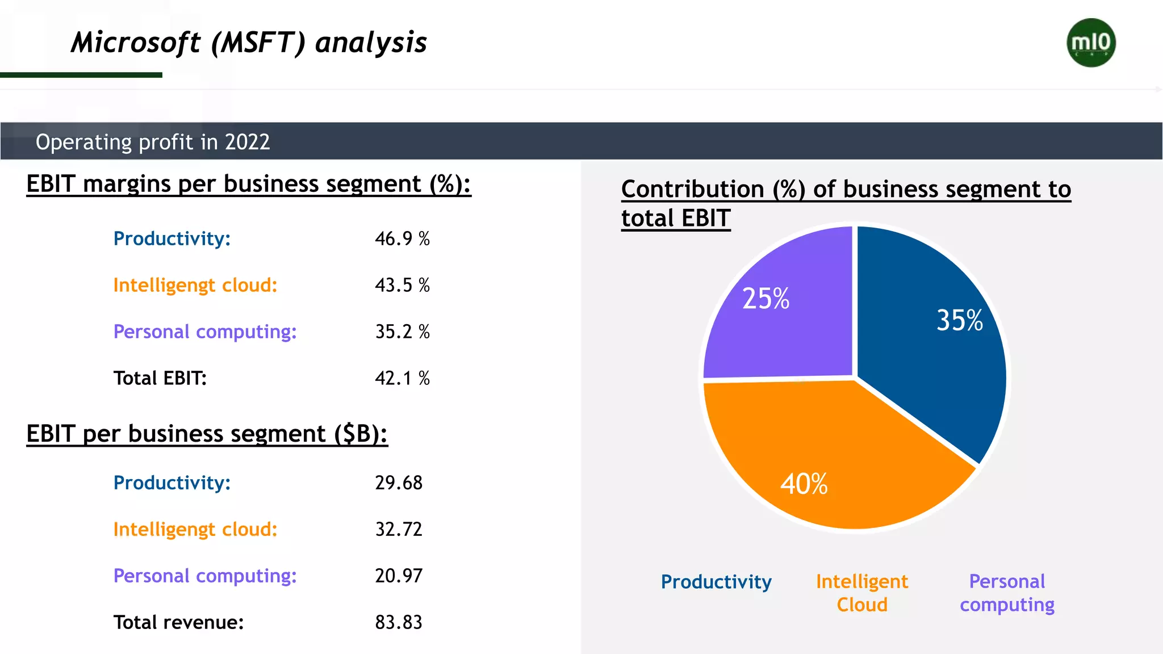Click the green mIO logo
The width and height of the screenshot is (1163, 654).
tap(1091, 43)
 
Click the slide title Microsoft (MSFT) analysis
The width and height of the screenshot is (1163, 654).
tap(249, 43)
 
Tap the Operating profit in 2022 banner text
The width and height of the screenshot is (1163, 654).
tap(153, 142)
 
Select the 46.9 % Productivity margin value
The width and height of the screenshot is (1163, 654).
tap(402, 238)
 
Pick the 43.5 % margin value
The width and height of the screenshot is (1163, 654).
tap(402, 285)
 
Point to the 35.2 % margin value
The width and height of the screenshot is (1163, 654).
tap(402, 332)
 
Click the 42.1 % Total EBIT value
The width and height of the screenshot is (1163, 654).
tap(402, 378)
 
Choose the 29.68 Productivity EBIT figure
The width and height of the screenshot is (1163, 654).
tap(399, 483)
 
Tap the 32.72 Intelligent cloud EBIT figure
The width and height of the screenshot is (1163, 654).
tap(399, 529)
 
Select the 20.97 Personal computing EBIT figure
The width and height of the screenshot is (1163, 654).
tap(399, 576)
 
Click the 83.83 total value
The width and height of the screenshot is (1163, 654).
tap(399, 622)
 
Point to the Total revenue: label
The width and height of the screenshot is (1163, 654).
tap(178, 622)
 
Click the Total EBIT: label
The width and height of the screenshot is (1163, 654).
tap(160, 378)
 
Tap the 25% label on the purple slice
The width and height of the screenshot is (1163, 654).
tap(765, 299)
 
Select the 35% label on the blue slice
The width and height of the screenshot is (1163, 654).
tap(959, 320)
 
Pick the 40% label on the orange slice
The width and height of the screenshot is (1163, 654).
tap(804, 484)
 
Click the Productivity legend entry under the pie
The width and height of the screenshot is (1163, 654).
tap(716, 582)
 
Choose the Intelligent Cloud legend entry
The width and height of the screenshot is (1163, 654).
tap(862, 593)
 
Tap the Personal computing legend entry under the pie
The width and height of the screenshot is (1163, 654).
tap(1007, 593)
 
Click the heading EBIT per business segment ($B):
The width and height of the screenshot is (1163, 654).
tap(207, 434)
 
